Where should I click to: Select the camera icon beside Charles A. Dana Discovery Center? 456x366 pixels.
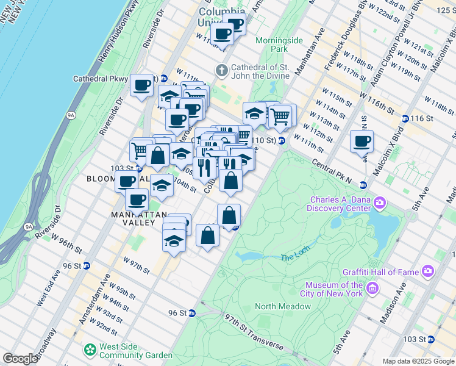(x=380, y=202)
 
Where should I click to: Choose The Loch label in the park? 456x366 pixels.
(x=295, y=257)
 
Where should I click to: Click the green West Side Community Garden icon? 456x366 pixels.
(x=90, y=350)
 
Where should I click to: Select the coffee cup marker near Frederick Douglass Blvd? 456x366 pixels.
(x=362, y=142)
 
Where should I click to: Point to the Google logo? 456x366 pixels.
(x=20, y=359)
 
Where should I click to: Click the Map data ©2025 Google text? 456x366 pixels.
(x=418, y=361)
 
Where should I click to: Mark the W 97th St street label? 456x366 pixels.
(x=136, y=265)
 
